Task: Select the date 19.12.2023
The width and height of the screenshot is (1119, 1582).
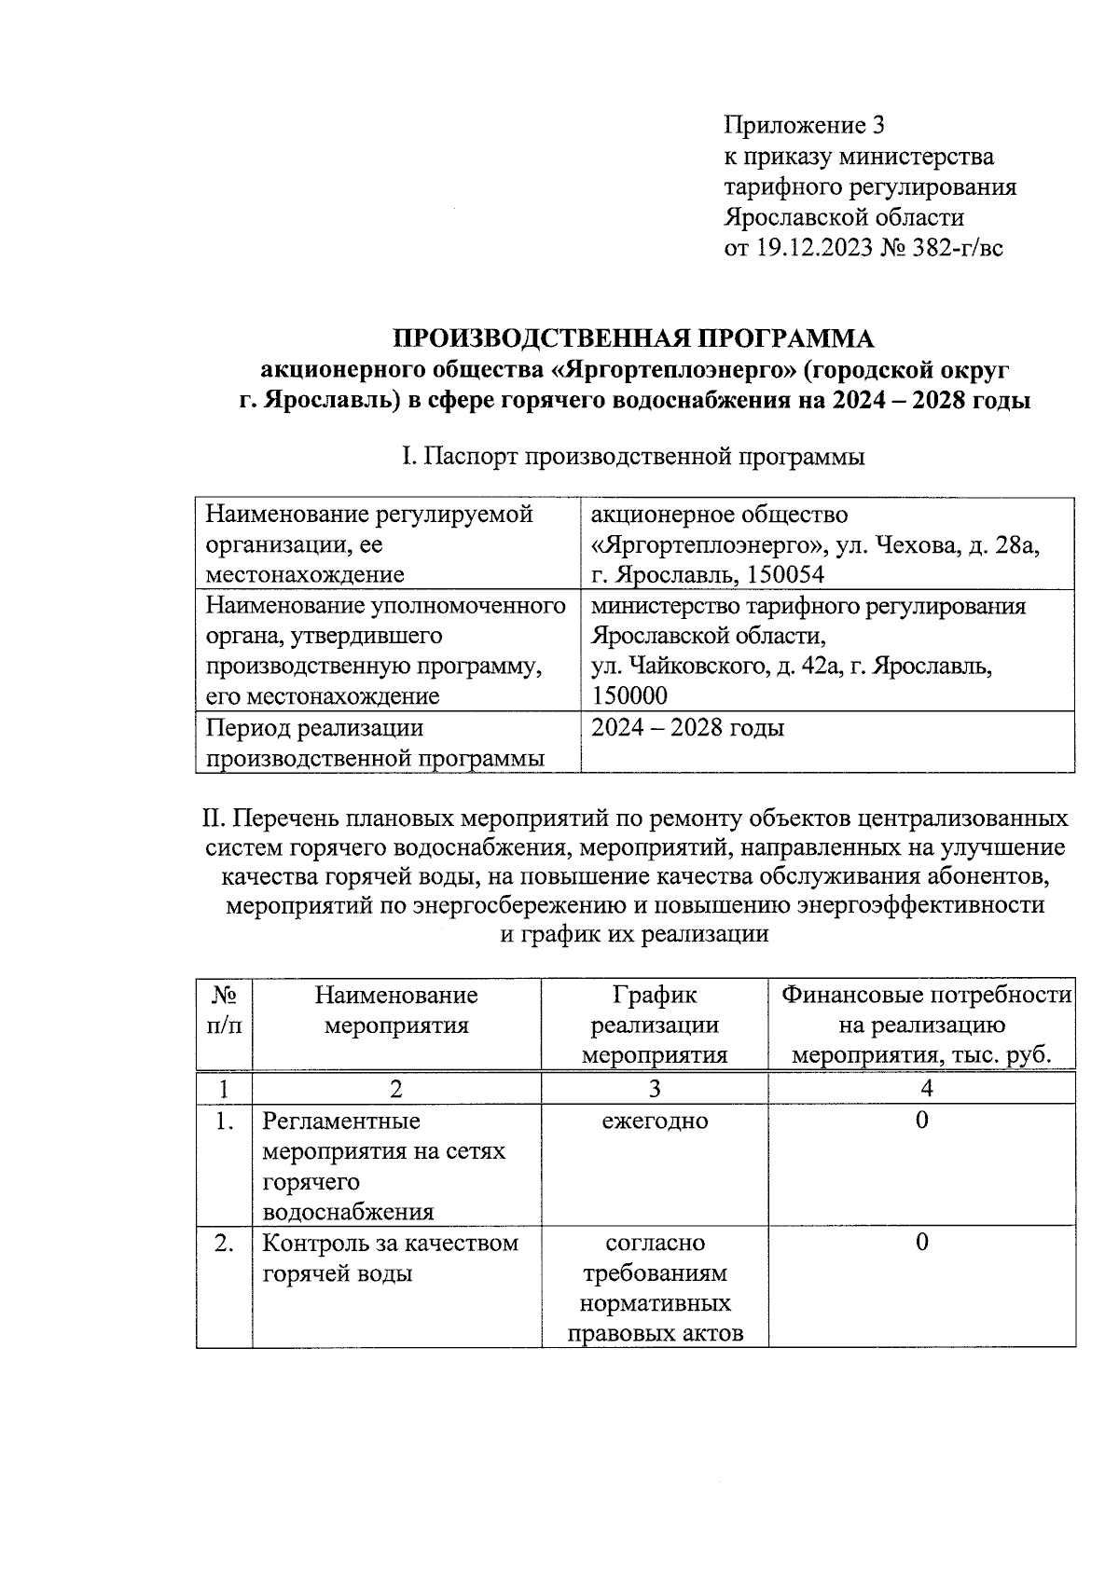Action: [816, 248]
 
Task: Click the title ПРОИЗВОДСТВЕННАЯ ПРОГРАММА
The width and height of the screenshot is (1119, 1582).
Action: [634, 337]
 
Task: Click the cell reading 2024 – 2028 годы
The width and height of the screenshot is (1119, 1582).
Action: [688, 727]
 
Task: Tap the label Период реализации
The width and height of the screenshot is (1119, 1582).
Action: [314, 727]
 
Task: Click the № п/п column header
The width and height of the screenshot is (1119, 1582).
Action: [224, 1011]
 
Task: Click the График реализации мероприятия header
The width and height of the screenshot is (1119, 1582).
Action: [655, 1025]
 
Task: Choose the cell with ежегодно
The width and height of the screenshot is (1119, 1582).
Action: [655, 1121]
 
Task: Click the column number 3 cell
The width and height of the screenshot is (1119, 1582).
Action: [655, 1088]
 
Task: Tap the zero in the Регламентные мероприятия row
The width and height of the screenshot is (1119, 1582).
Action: [921, 1121]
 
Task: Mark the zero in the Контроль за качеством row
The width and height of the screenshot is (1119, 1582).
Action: [921, 1243]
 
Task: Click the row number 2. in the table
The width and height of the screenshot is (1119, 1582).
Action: [224, 1243]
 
